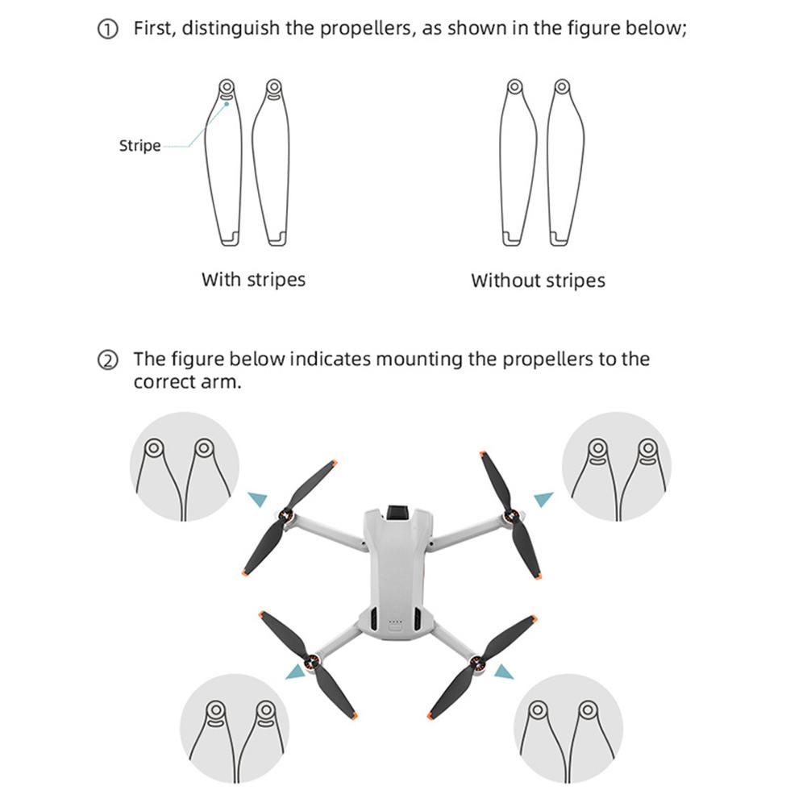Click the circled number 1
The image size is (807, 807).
107,30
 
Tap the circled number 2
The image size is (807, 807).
107,360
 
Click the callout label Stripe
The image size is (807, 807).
140,146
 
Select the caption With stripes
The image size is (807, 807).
253,280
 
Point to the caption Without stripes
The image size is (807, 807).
538,281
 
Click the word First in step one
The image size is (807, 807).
154,29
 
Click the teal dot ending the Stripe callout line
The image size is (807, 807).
227,103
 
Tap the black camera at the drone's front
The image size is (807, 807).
397,511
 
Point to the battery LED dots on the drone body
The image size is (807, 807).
395,622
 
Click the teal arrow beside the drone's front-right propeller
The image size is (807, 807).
544,499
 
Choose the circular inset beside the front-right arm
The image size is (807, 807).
617,466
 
